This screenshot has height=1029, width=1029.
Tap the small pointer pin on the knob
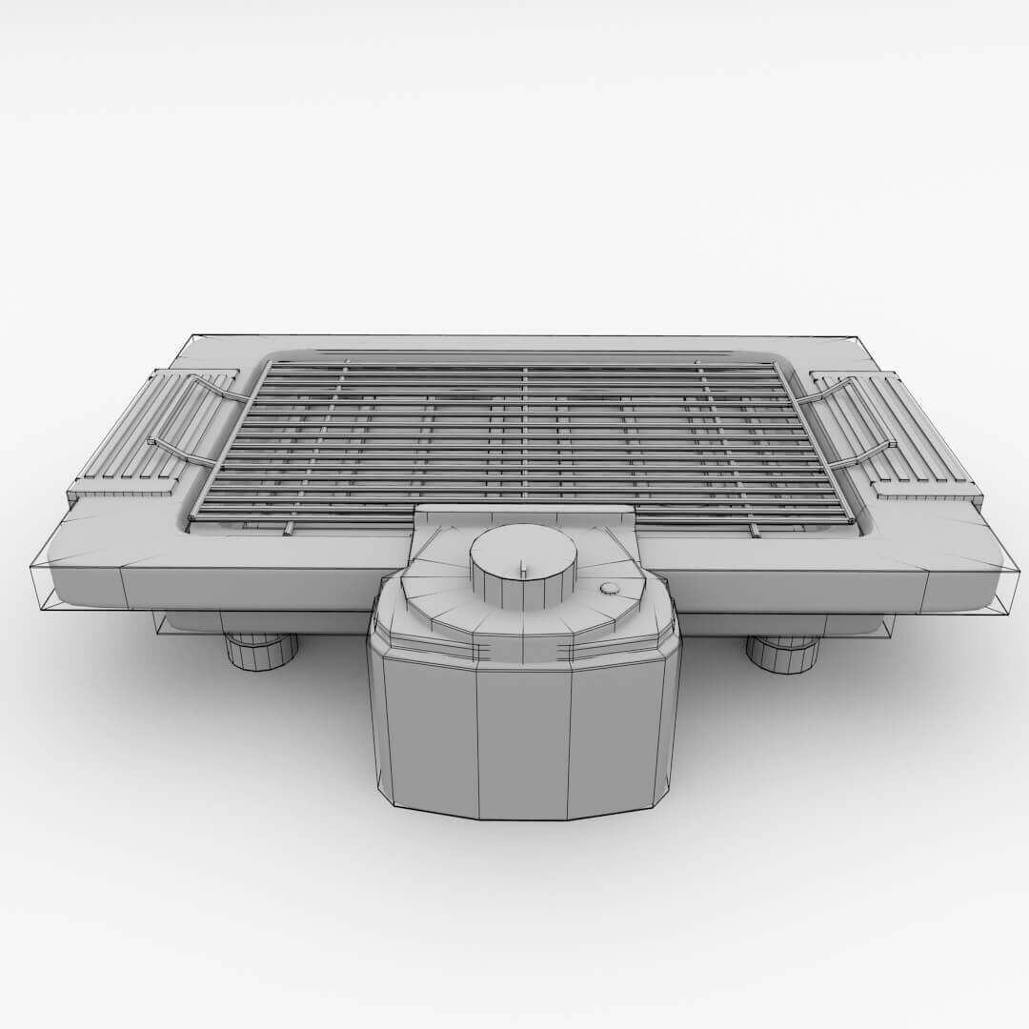click(522, 568)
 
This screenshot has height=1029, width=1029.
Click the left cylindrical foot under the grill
click(260, 652)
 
